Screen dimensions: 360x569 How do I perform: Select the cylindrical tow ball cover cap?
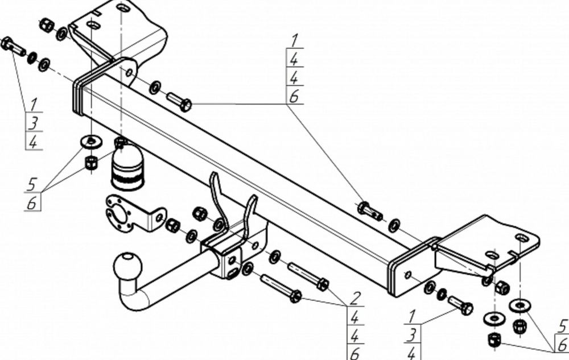click(x=126, y=168)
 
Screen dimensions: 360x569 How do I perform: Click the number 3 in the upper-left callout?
click(x=33, y=123)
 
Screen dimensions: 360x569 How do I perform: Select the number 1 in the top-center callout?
click(x=294, y=41)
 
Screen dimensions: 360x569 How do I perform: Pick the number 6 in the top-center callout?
click(x=294, y=96)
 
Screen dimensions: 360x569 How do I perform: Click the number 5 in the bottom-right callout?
click(x=562, y=326)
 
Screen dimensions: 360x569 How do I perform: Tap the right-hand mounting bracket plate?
click(x=486, y=242)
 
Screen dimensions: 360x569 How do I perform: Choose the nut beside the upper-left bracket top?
click(x=47, y=25)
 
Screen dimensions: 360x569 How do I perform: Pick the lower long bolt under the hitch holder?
click(x=281, y=288)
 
